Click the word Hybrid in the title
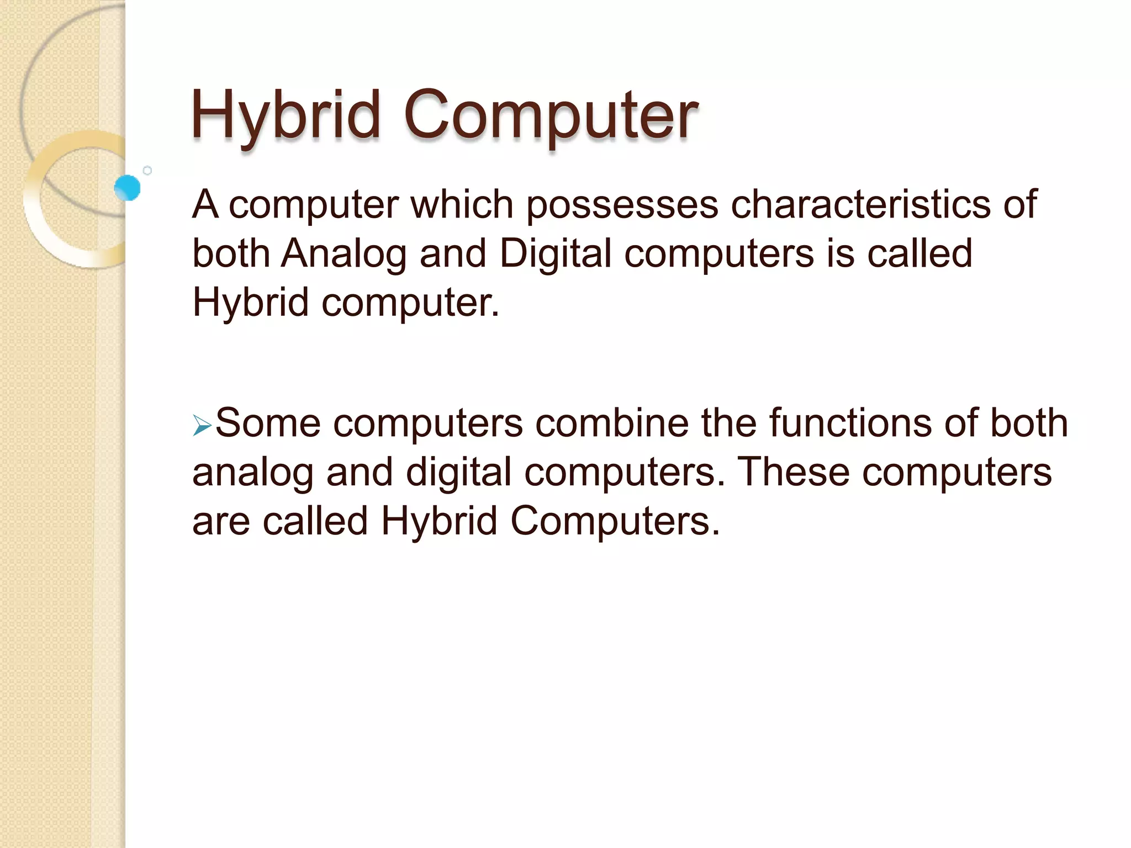(286, 116)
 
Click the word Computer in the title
(551, 116)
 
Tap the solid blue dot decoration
(128, 188)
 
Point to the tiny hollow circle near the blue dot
(147, 171)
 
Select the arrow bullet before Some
(202, 426)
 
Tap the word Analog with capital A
(343, 255)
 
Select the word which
(462, 204)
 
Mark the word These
(794, 473)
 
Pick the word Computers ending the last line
(614, 521)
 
